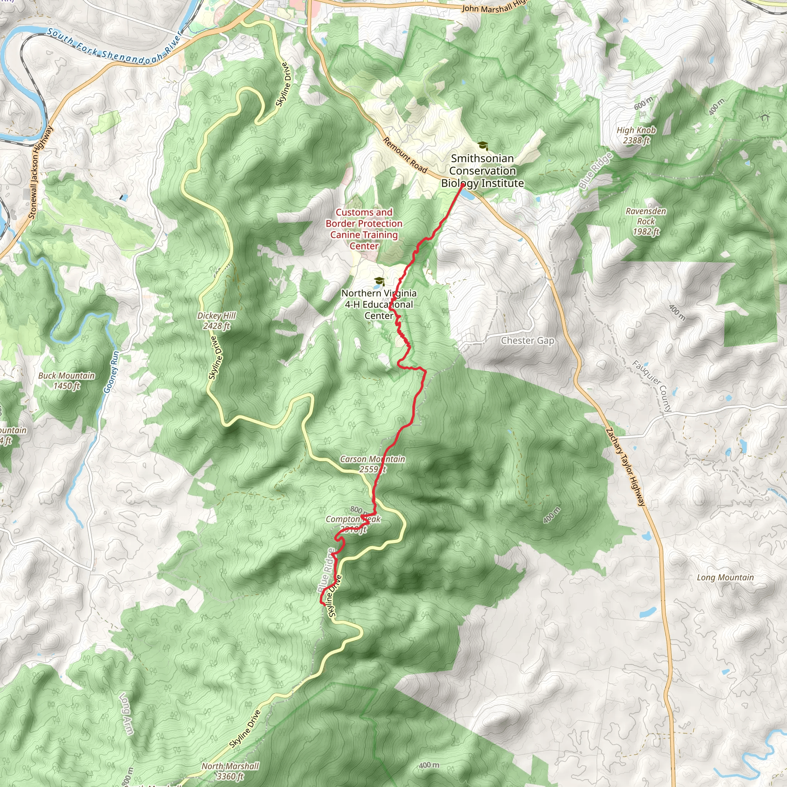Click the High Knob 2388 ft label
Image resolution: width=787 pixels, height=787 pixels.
636,135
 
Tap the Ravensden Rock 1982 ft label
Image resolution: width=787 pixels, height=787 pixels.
646,221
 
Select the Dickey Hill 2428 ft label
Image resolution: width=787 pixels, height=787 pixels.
216,320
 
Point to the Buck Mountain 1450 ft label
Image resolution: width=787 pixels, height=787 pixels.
66,380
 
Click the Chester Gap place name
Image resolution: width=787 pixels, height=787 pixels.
528,340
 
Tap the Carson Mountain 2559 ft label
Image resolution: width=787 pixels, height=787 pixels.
372,464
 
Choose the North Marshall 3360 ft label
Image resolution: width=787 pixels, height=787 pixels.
230,771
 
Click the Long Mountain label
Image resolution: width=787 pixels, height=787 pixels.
725,577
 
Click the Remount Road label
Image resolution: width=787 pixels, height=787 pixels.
405,155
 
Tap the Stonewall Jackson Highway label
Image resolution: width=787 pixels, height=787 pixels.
41,172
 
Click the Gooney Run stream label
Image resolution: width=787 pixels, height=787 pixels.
111,372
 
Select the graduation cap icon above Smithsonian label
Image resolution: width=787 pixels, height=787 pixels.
482,145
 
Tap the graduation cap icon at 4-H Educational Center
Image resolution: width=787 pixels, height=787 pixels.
379,281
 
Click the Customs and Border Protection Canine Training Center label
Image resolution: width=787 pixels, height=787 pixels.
364,229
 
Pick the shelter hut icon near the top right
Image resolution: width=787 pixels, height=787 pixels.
764,117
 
